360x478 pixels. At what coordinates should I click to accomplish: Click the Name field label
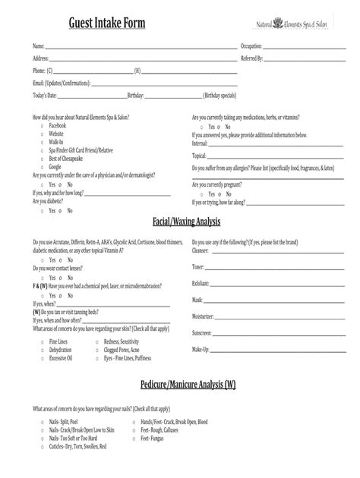(38, 47)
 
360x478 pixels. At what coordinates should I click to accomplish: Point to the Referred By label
(252, 58)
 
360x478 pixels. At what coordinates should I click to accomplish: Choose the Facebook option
(59, 126)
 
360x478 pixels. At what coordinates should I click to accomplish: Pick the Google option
(57, 165)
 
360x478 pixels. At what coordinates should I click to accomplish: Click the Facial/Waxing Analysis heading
(186, 221)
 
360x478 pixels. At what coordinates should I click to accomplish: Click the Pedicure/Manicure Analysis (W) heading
(188, 384)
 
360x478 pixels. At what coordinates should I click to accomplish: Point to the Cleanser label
(201, 250)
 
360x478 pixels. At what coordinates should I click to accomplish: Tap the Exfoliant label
(201, 282)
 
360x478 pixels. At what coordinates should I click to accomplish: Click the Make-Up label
(201, 349)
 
